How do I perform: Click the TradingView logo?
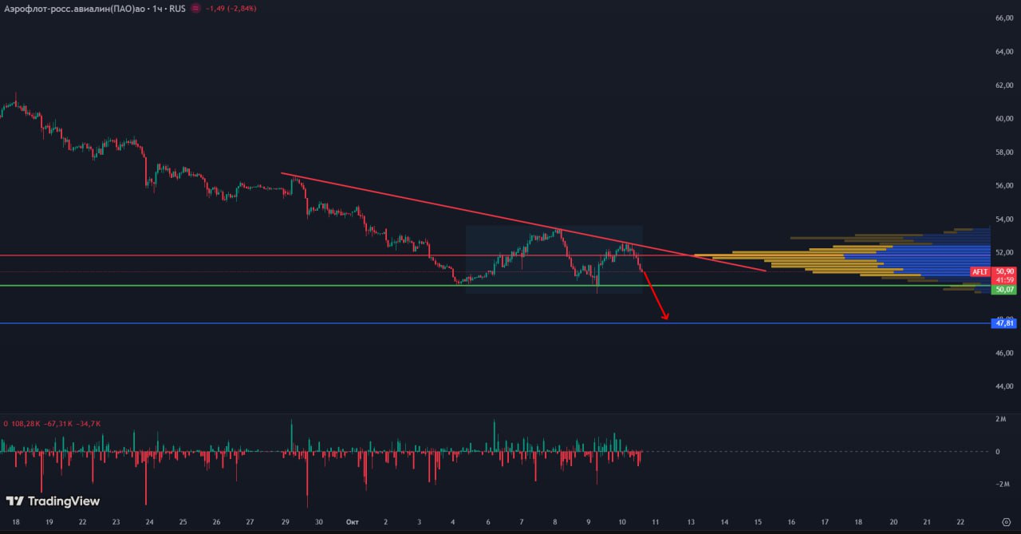click(53, 501)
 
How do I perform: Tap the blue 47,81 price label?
click(1004, 323)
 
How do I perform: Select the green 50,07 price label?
click(1004, 289)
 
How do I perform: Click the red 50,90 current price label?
click(1004, 271)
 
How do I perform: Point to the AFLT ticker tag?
click(980, 272)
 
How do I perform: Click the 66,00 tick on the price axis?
click(1003, 18)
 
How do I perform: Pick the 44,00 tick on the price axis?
click(1003, 386)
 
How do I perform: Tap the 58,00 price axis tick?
click(1003, 152)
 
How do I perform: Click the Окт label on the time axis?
click(353, 522)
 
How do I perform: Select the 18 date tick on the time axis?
click(16, 522)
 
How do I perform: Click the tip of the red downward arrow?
click(666, 319)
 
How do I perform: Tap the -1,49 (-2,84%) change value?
click(231, 8)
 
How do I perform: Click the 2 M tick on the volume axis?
click(1003, 419)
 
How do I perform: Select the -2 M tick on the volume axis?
click(1001, 485)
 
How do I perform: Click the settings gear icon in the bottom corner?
click(1005, 522)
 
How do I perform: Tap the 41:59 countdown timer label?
click(1004, 280)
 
